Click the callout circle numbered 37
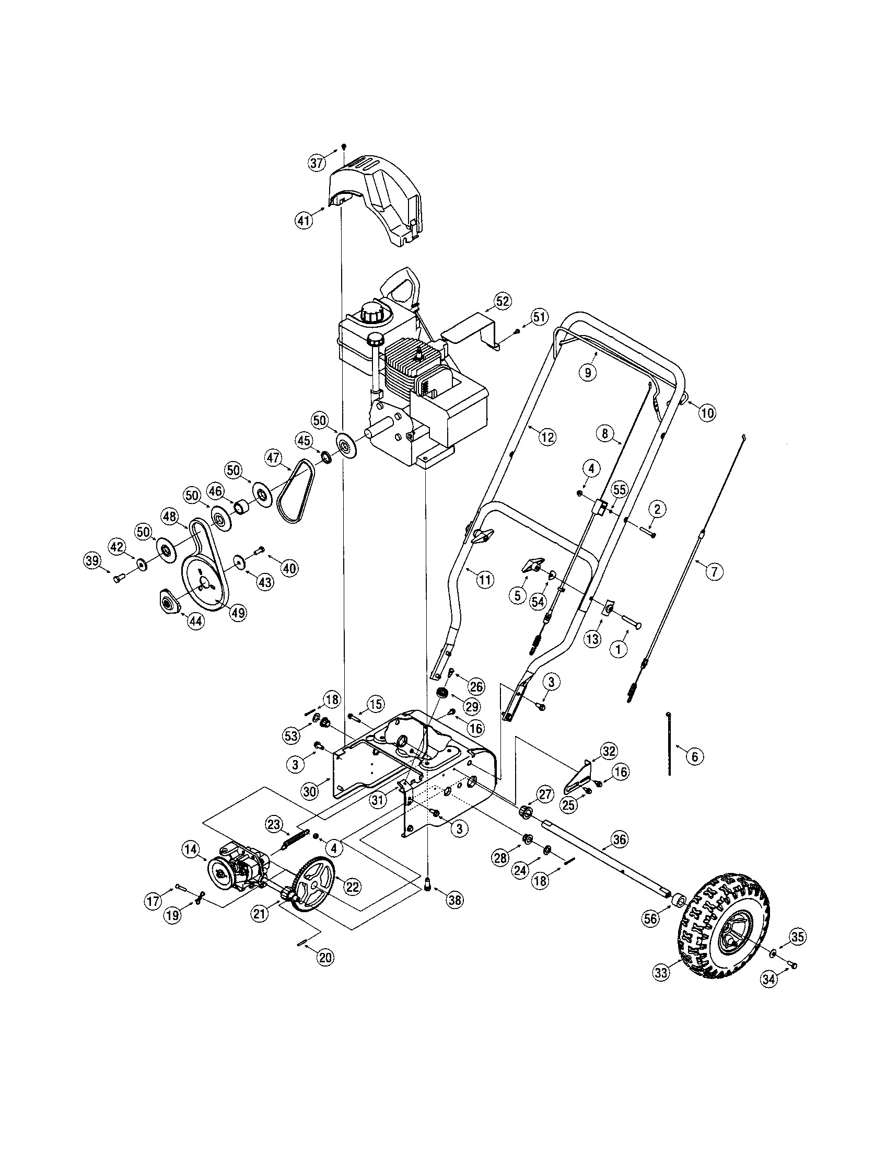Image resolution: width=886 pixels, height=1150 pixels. pyautogui.click(x=317, y=163)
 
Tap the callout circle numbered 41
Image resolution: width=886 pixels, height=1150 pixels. pyautogui.click(x=304, y=220)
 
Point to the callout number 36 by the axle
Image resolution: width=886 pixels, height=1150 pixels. pyautogui.click(x=620, y=839)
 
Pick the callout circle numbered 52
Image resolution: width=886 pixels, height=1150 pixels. pyautogui.click(x=503, y=301)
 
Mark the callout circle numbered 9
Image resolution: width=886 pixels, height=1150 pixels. pyautogui.click(x=588, y=372)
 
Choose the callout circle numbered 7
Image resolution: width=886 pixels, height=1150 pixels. pyautogui.click(x=714, y=572)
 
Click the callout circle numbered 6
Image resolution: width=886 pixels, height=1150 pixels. pyautogui.click(x=694, y=757)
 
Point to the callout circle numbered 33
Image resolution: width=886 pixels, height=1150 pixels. pyautogui.click(x=661, y=973)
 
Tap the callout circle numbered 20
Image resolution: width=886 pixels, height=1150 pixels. pyautogui.click(x=325, y=958)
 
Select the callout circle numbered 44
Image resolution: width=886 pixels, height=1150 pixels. pyautogui.click(x=196, y=622)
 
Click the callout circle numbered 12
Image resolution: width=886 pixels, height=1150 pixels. pyautogui.click(x=547, y=436)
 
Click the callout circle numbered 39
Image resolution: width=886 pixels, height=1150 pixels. pyautogui.click(x=92, y=561)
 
